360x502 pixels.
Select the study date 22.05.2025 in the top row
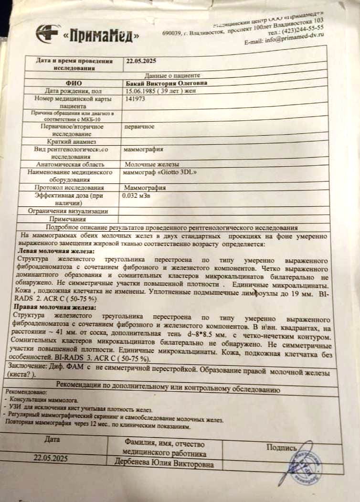(141, 61)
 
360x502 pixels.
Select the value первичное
(138, 127)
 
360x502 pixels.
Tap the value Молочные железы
(146, 164)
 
